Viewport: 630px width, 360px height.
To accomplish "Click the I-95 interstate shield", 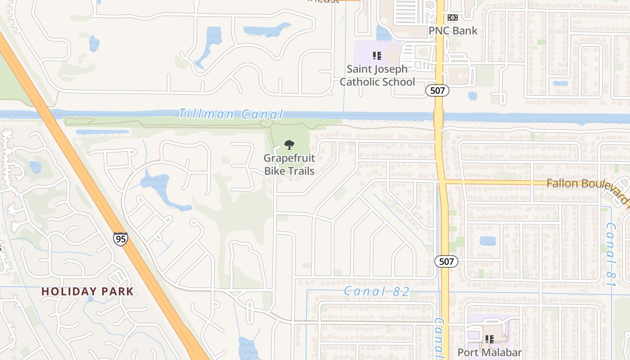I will point(120,238).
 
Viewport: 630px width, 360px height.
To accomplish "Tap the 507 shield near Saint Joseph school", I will point(437,90).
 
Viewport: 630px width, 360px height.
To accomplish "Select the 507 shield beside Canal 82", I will point(446,261).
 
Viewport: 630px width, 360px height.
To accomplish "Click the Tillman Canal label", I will point(231,114).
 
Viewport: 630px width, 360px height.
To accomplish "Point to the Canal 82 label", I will point(377,292).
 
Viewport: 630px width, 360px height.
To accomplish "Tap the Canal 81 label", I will point(611,254).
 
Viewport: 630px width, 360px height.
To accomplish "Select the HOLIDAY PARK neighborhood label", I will point(88,292).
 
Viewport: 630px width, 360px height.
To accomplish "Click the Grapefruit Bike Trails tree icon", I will point(289,145).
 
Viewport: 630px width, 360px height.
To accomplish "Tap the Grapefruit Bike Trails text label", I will point(289,164).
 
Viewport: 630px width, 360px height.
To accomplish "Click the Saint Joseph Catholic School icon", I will point(377,56).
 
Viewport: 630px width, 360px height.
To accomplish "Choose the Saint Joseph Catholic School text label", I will point(377,76).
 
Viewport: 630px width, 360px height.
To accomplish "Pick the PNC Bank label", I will point(453,31).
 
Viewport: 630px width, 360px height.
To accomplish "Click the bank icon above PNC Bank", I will point(452,18).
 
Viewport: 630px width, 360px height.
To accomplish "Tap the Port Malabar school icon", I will point(489,339).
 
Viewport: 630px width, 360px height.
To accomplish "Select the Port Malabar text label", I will point(490,352).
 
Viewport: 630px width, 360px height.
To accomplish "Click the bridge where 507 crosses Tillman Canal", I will point(439,118).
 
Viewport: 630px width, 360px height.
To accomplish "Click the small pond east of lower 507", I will point(487,241).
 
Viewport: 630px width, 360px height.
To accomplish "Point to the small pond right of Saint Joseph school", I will point(472,96).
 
